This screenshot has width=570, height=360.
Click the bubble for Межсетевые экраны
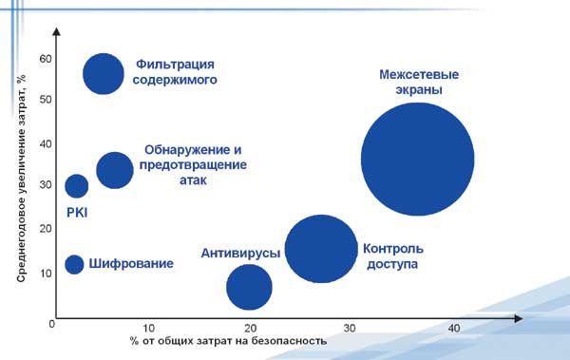417,161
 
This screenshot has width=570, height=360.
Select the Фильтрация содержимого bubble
104,74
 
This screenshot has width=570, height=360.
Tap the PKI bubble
77,185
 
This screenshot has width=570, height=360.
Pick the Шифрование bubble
74,263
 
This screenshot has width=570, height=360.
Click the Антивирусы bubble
249,287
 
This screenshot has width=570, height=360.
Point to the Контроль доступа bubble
321,249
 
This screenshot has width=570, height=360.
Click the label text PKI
77,213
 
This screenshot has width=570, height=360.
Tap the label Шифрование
130,263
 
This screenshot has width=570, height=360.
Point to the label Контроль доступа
392,256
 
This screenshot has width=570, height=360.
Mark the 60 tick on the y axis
45,59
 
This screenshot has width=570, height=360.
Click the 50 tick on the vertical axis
45,100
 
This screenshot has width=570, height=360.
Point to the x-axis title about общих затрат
228,340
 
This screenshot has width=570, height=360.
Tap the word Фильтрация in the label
175,65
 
